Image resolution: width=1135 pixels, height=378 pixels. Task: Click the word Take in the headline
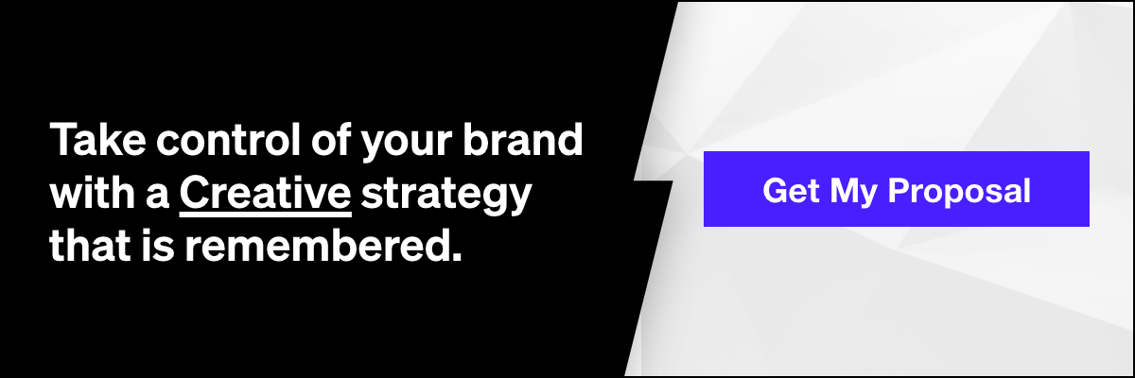click(97, 139)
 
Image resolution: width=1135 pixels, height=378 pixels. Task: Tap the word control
click(229, 139)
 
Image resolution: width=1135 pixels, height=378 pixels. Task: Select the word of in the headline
click(331, 139)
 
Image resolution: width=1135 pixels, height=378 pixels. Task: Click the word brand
click(523, 139)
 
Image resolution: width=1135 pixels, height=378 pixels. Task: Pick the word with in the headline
click(93, 192)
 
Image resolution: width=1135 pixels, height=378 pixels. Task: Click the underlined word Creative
click(265, 192)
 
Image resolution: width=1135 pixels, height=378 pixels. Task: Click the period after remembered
click(456, 257)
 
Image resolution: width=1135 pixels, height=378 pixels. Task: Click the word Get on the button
click(791, 190)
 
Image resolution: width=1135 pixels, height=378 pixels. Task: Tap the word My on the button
click(853, 194)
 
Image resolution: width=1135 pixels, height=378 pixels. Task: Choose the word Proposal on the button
click(959, 194)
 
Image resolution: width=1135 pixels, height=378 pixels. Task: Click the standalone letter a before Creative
click(157, 198)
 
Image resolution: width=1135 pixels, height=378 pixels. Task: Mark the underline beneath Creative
click(266, 215)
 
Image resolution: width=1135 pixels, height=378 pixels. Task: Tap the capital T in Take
click(62, 140)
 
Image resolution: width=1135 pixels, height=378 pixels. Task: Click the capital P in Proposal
click(899, 191)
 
